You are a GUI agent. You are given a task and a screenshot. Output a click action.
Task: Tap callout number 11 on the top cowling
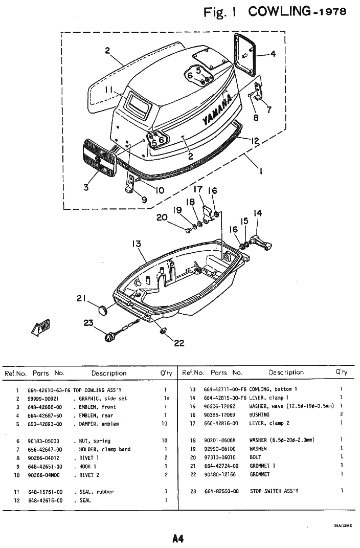(109, 90)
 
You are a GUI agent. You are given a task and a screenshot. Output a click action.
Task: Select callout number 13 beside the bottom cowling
(136, 245)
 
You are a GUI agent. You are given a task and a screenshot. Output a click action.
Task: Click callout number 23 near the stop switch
(89, 322)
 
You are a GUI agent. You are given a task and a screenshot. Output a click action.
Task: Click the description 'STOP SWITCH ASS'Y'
(274, 491)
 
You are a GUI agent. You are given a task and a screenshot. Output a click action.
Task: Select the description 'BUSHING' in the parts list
(259, 415)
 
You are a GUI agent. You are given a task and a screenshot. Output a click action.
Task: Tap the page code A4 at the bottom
(178, 538)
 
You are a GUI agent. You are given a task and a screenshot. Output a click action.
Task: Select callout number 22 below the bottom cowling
(178, 343)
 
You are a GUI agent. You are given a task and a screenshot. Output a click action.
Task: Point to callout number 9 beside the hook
(144, 200)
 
